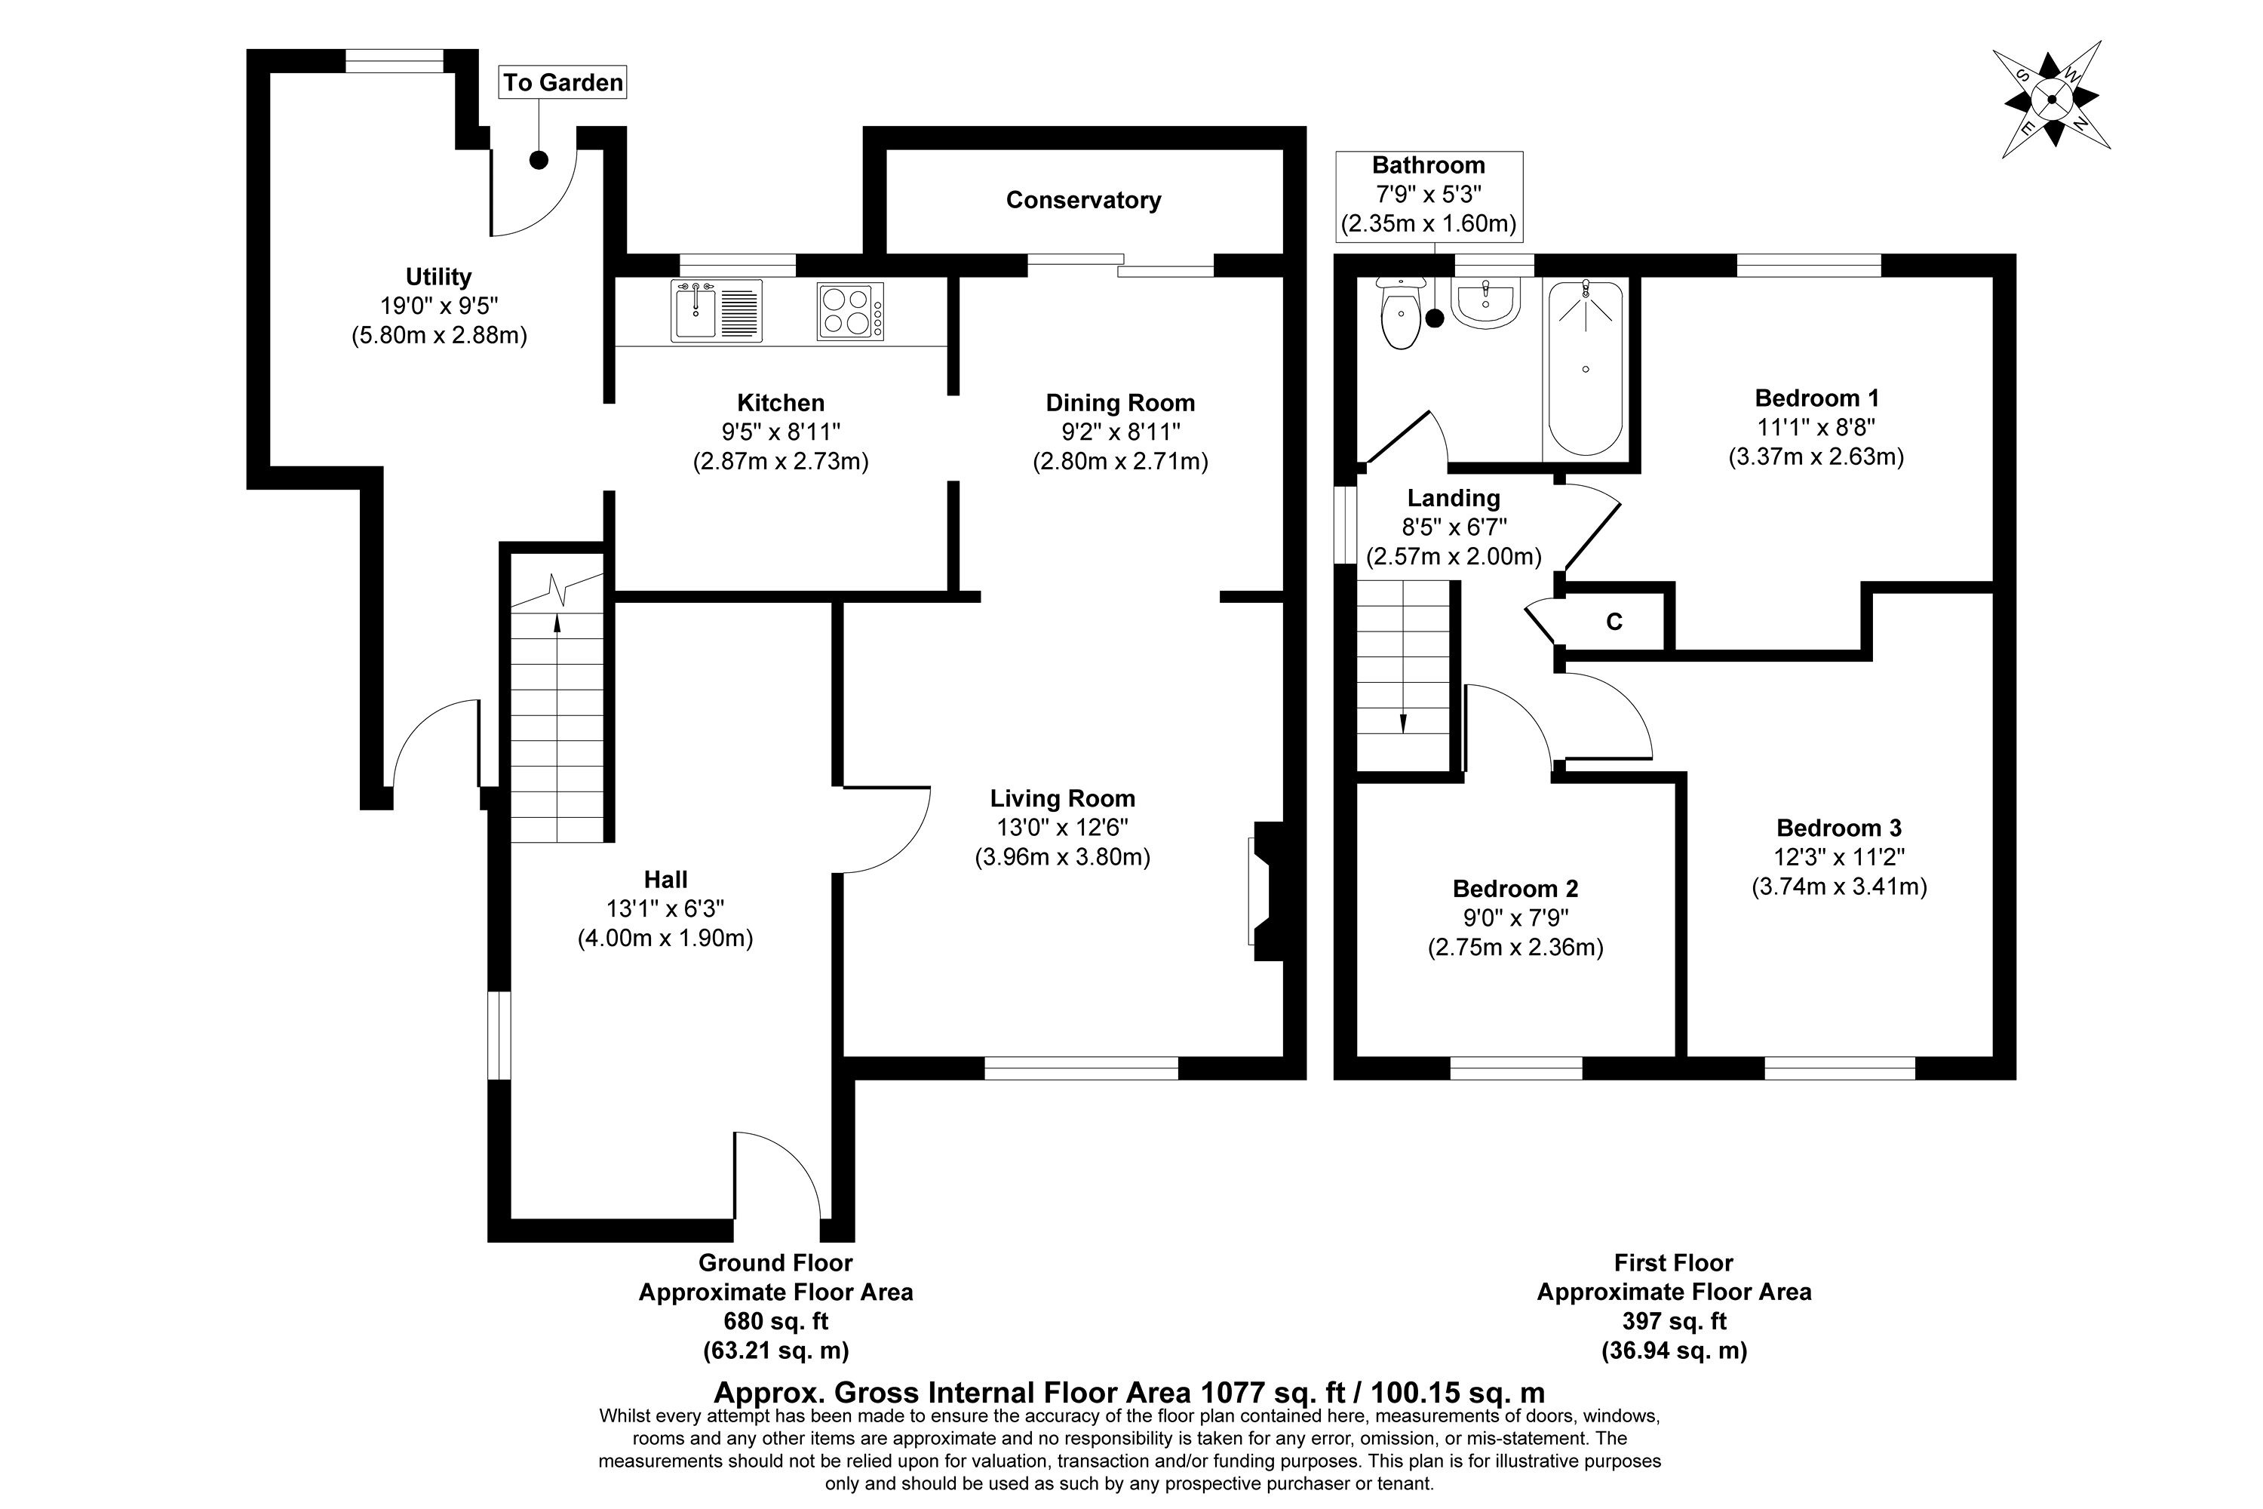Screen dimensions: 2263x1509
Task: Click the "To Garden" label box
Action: [563, 83]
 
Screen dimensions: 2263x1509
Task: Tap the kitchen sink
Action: [717, 311]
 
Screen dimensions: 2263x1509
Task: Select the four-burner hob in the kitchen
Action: [851, 311]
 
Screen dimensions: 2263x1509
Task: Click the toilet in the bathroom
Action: [1400, 314]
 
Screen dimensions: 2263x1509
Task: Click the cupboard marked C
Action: [1614, 622]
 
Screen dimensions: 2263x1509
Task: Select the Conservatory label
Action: [1083, 200]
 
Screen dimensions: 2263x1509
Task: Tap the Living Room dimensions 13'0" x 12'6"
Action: [1062, 828]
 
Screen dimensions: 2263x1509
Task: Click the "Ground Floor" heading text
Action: [775, 1262]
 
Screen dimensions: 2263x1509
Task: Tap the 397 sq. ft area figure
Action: [1674, 1321]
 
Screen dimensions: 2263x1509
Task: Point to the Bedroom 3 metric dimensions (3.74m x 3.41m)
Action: [1839, 887]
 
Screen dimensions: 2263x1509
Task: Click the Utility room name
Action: [439, 277]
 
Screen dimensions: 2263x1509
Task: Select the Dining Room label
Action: [1120, 403]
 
